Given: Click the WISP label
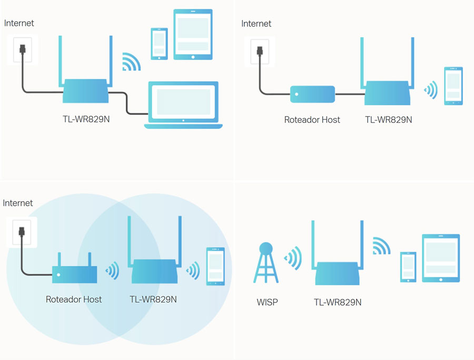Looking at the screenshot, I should pos(267,302).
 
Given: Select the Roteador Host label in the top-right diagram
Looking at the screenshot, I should pos(312,119).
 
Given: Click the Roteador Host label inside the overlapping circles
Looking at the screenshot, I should pos(74,299).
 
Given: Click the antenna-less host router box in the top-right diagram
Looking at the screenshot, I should pos(312,94).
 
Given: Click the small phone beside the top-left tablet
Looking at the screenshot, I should pos(159,43).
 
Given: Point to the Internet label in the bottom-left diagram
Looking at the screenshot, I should pos(18,203).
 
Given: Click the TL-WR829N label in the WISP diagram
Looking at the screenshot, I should pos(338,302).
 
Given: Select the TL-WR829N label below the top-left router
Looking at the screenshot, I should pos(86,119).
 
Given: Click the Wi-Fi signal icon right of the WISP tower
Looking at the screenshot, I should pos(293,258).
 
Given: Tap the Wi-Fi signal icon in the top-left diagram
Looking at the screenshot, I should pos(132,62).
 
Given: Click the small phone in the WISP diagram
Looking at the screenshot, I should pos(408,267).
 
